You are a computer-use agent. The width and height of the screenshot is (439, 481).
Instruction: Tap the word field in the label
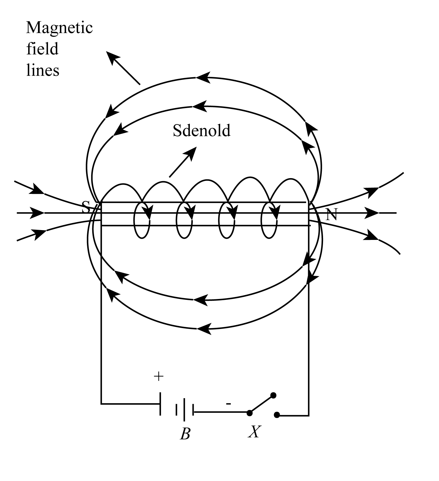pos(42,49)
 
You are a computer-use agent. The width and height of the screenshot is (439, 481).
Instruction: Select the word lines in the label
pos(43,70)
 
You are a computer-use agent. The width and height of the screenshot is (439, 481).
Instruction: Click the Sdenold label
pos(201,130)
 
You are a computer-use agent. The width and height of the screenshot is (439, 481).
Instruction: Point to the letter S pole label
pos(86,207)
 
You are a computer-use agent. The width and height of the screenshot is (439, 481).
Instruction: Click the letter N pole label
pos(331,214)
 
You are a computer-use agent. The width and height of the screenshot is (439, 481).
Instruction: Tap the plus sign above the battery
pos(159,376)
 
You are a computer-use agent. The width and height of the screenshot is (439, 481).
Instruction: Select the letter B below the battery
pos(185,434)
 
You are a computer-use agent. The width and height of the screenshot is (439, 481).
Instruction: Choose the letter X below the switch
pos(254,432)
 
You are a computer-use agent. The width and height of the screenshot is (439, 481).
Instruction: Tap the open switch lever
pos(261,404)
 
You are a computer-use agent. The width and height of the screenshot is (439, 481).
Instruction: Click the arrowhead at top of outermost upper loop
pos(203,78)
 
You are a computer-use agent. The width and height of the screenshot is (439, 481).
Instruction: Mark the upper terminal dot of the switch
pos(273,395)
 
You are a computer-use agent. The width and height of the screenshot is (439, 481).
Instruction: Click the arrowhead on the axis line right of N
pos(371,213)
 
